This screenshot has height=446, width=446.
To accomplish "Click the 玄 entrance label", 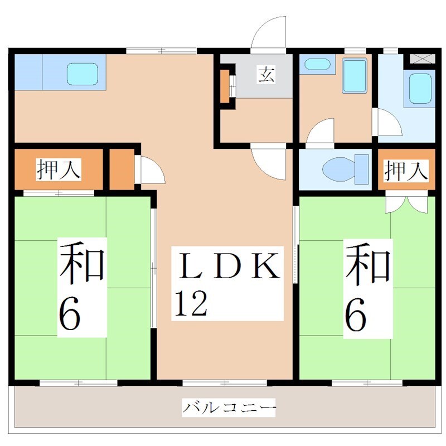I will (266, 74).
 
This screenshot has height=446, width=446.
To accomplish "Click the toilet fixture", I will (342, 168).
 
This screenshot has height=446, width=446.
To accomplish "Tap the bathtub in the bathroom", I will (421, 89).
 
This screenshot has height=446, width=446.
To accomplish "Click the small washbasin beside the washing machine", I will (317, 64).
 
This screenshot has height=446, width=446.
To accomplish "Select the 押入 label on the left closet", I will (59, 169).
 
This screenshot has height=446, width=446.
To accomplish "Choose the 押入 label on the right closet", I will (406, 169).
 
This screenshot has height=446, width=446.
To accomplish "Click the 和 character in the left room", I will (83, 262).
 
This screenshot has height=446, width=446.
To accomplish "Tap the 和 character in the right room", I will (367, 262).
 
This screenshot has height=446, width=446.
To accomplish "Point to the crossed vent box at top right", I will (421, 58).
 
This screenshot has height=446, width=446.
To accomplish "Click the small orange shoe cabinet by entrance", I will (225, 86).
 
